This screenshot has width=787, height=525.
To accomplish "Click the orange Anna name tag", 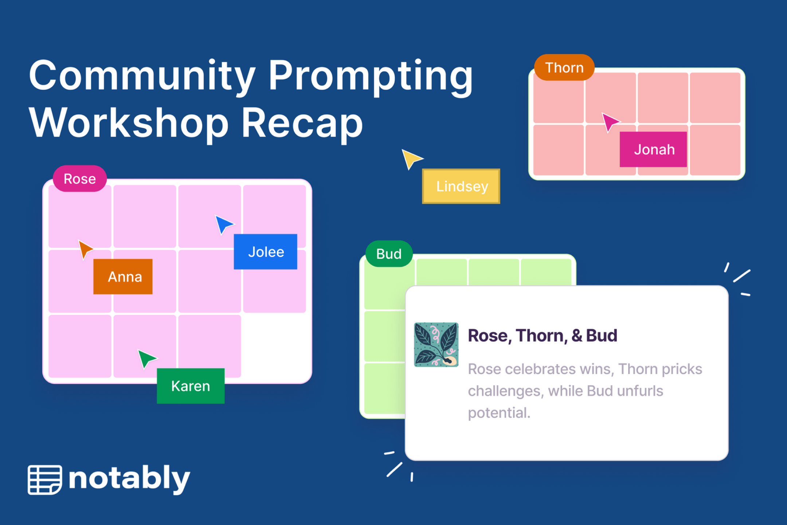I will click(123, 277).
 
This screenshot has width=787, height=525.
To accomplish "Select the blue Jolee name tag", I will click(265, 252).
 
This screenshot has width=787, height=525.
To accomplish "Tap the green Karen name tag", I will click(191, 386).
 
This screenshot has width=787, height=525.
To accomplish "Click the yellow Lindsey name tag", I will click(461, 186).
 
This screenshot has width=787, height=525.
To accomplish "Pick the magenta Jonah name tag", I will click(653, 149).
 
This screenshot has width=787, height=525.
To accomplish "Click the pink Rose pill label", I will click(80, 179).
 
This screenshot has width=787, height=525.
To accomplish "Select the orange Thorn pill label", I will click(564, 68).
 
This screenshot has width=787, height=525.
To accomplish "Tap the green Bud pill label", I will click(389, 254).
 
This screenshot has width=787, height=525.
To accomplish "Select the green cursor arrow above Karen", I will click(146, 358).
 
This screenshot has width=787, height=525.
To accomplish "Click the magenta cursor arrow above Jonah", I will click(609, 122).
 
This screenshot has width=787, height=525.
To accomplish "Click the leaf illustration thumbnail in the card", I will click(436, 345).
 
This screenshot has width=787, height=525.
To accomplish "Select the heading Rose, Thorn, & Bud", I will click(542, 335).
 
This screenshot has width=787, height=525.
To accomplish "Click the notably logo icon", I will click(45, 479).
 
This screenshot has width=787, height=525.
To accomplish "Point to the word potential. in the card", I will click(499, 413).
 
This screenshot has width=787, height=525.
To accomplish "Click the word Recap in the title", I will click(302, 123).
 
